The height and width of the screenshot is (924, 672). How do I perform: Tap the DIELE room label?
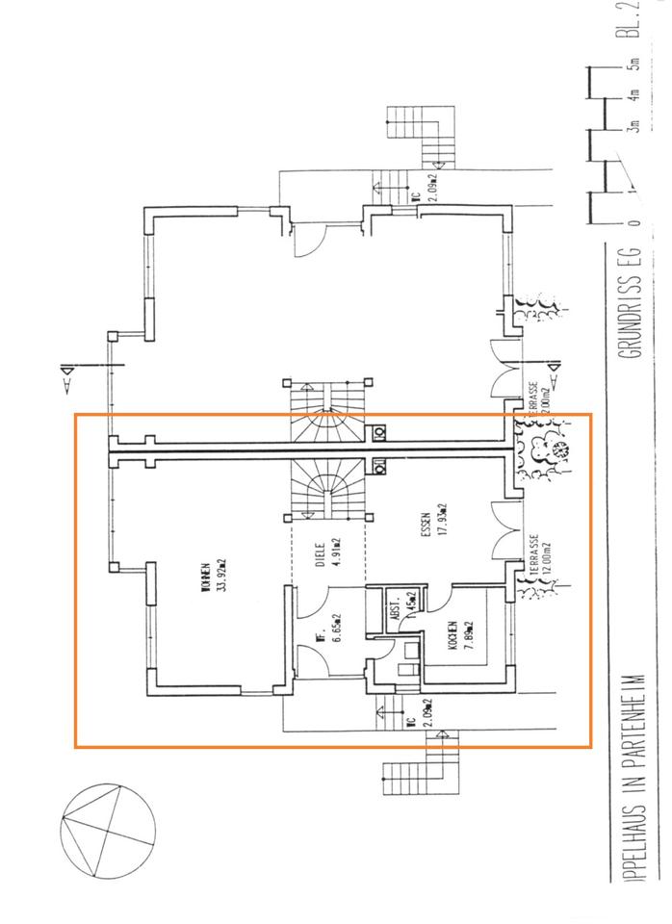click(322, 555)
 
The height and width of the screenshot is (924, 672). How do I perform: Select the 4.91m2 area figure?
click(337, 555)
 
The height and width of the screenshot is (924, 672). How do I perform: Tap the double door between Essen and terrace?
click(504, 529)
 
